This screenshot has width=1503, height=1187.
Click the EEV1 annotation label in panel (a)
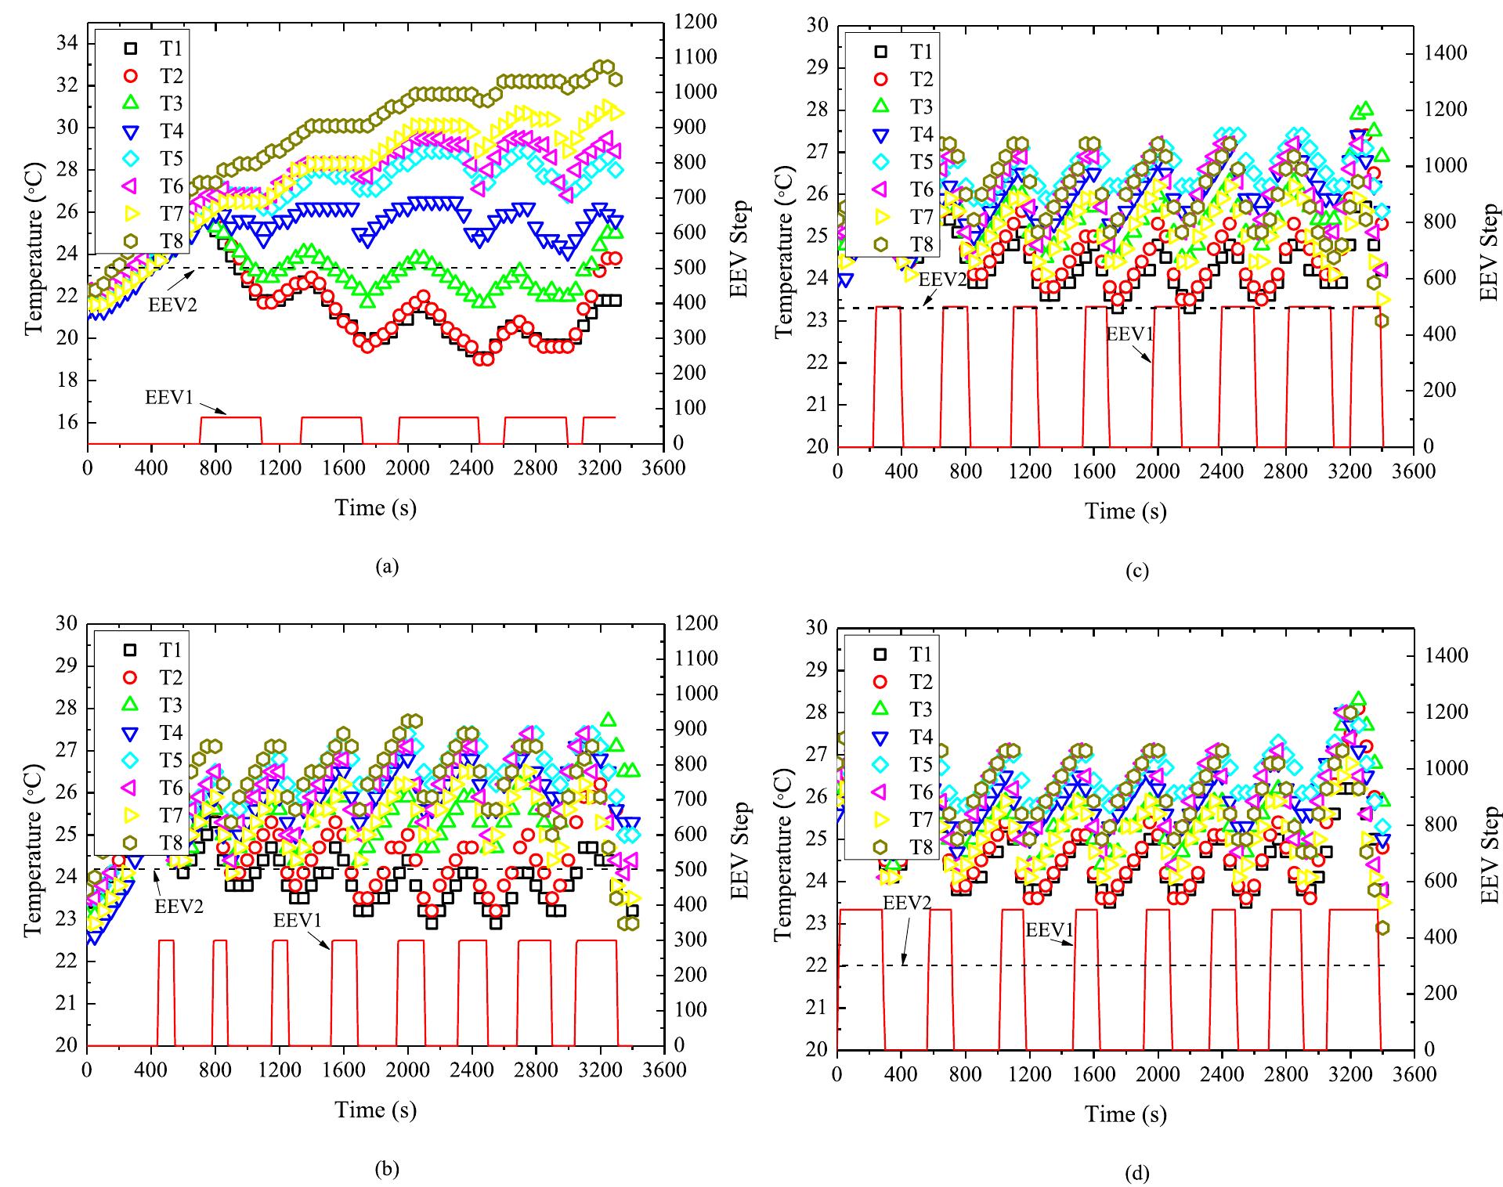(x=168, y=396)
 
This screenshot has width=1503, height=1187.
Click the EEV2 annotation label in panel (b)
(x=179, y=907)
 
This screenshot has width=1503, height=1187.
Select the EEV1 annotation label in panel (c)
(x=1129, y=334)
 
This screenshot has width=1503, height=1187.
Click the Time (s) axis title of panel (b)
(x=376, y=1109)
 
